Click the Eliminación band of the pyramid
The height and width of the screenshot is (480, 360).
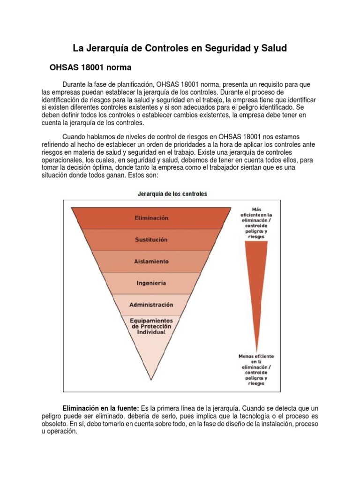tap(151, 218)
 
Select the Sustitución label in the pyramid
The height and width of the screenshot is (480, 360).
tap(151, 240)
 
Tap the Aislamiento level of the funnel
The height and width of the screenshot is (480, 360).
tap(151, 261)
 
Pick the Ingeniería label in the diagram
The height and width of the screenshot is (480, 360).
tap(151, 283)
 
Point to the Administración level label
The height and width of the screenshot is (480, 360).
tap(151, 305)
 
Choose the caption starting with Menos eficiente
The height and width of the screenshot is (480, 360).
tap(256, 370)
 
